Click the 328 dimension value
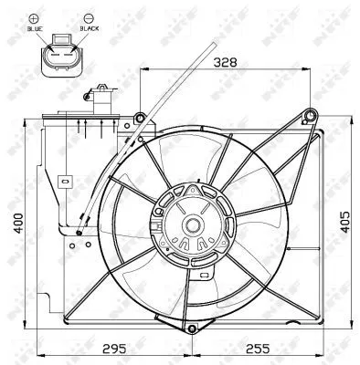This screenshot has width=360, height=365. pyautogui.click(x=226, y=64)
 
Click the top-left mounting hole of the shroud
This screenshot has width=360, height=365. pyautogui.click(x=138, y=118)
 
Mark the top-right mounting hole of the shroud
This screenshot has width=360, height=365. pyautogui.click(x=311, y=115)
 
